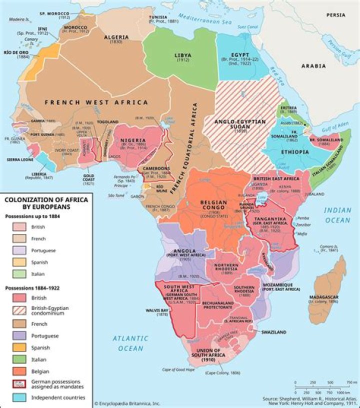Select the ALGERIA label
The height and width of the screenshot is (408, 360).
pyautogui.click(x=116, y=37)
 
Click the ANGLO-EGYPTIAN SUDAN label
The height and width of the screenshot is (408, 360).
pyautogui.click(x=234, y=124)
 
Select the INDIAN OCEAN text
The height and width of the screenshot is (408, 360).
pyautogui.click(x=337, y=215)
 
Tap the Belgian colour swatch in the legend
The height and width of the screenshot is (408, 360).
pyautogui.click(x=19, y=371)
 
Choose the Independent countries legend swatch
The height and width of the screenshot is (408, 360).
pyautogui.click(x=19, y=397)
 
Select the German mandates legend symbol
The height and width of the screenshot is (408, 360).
pyautogui.click(x=19, y=384)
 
